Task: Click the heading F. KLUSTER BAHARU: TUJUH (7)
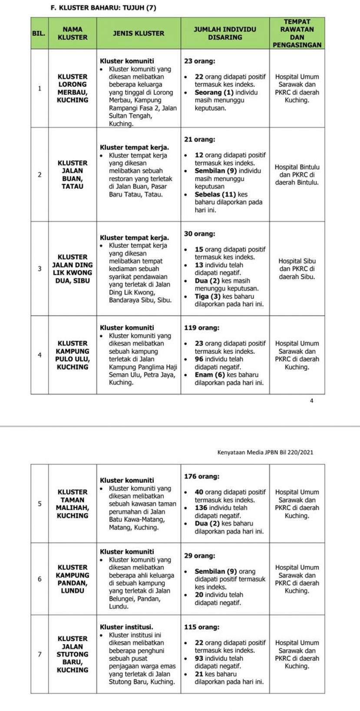(x=103, y=7)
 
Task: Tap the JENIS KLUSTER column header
(x=139, y=33)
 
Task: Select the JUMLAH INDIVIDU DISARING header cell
(x=225, y=33)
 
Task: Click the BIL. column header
(x=39, y=33)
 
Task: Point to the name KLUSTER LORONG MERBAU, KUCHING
(x=73, y=88)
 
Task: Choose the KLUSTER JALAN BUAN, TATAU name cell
(x=73, y=174)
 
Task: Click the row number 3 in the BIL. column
(x=40, y=269)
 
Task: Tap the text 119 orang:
(x=201, y=328)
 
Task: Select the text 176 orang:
(x=201, y=476)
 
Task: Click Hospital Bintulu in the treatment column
(x=297, y=167)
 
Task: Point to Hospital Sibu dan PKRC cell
(x=297, y=269)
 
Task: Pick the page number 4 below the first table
(x=311, y=401)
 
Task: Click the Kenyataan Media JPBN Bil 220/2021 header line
(x=265, y=452)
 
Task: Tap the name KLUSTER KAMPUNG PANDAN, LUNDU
(x=73, y=579)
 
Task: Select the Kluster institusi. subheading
(x=126, y=627)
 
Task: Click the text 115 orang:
(x=201, y=627)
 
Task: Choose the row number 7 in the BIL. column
(x=40, y=654)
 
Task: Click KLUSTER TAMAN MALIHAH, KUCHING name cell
(x=73, y=504)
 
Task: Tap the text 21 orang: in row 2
(x=199, y=139)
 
